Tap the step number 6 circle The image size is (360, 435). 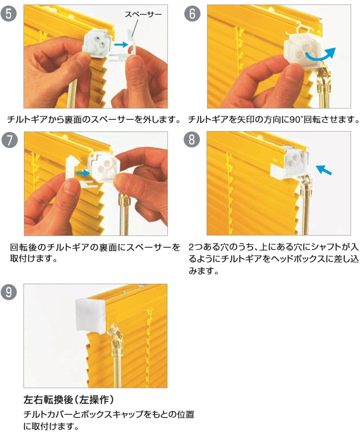click(192, 14)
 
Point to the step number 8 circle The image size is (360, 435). click(192, 139)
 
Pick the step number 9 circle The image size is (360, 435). click(9, 292)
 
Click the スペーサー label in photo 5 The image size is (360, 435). click(143, 14)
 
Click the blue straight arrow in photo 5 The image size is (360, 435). click(121, 44)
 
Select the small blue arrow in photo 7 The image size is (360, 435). click(83, 173)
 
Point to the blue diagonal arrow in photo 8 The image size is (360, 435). click(324, 169)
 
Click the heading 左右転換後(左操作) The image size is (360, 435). click(69, 400)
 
